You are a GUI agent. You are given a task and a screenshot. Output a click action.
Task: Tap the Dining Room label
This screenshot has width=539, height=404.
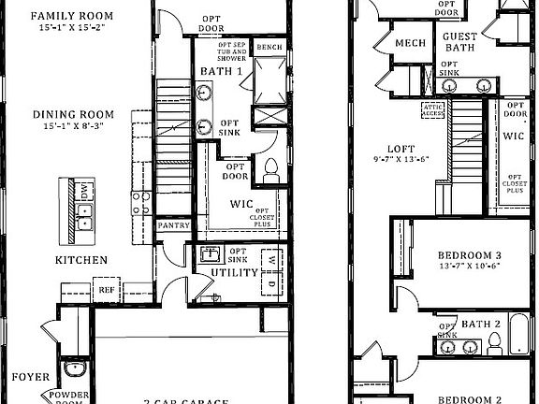click(73, 115)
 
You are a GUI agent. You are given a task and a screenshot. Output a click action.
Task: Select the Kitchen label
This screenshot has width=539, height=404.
click(80, 260)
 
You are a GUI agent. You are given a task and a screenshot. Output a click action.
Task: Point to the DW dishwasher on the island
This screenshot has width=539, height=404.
click(83, 192)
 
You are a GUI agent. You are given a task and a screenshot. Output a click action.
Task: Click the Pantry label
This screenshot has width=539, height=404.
click(173, 225)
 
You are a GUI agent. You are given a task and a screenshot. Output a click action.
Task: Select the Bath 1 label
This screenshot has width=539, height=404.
click(222, 71)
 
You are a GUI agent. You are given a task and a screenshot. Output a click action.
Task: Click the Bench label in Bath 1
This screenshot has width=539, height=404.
click(269, 47)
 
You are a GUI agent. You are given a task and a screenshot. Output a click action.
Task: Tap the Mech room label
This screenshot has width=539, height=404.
click(410, 43)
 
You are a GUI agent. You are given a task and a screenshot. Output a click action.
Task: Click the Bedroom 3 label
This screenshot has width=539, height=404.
click(470, 254)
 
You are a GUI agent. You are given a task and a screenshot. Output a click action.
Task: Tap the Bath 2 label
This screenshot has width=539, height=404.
click(481, 325)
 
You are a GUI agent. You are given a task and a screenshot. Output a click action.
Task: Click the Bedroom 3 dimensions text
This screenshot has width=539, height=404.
click(470, 266)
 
